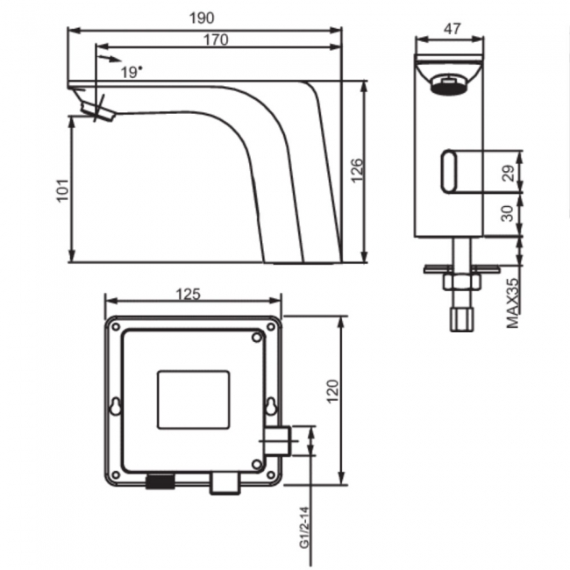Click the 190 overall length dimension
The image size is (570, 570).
point(206,18)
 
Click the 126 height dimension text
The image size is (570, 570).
point(355,172)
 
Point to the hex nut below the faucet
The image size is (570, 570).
point(459,283)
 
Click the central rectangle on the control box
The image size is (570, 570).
point(192,400)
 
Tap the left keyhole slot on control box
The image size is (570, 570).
point(116,406)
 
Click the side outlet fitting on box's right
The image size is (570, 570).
point(279,440)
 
